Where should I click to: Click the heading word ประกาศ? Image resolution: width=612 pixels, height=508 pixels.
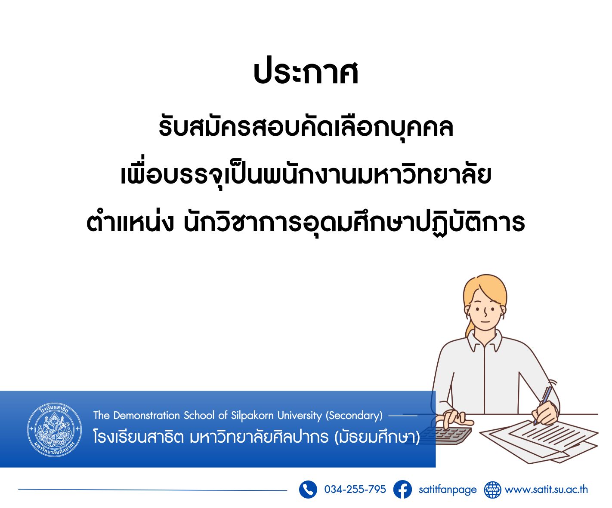tap(306, 73)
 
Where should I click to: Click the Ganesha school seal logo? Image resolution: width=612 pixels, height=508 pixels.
tap(55, 429)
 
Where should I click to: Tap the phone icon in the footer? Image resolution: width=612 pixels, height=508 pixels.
tap(308, 490)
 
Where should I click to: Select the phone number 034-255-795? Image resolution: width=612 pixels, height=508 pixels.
tap(355, 490)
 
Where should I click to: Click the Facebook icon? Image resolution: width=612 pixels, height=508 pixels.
tap(402, 490)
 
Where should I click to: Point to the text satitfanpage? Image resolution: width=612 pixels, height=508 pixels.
tap(448, 490)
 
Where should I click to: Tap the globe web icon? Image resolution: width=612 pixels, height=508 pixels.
tap(492, 490)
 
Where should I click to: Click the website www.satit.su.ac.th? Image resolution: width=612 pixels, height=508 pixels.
tap(546, 490)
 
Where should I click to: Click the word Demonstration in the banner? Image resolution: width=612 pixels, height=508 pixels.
tap(147, 415)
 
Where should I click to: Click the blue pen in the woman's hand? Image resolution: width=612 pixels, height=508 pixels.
tap(543, 406)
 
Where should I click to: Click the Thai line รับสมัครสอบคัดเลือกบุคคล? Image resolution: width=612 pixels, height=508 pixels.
tap(306, 128)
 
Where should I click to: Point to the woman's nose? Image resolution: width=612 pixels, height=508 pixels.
tap(485, 313)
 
